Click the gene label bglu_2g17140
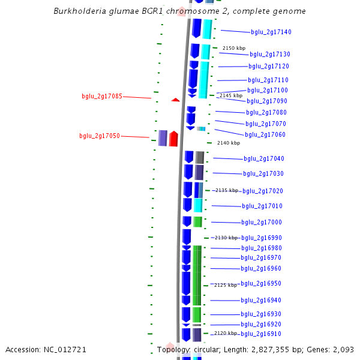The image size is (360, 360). [x=271, y=32]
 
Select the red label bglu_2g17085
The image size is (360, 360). [x=102, y=96]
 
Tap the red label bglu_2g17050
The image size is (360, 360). [x=100, y=136]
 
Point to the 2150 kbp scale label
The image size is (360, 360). [x=234, y=48]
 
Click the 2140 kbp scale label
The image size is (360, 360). [x=229, y=143]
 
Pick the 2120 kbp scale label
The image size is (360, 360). [x=226, y=333]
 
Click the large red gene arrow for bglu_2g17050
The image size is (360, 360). [x=173, y=139]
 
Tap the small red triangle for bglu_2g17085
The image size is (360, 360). [x=175, y=100]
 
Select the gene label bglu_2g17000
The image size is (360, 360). [x=262, y=222]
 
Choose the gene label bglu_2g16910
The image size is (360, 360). [x=261, y=334]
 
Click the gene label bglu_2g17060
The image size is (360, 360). [x=265, y=134]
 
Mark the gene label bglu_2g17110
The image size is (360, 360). [x=268, y=80]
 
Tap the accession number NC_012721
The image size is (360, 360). [x=66, y=349]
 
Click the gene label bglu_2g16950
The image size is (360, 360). [x=261, y=283]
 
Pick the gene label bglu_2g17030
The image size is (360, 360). [x=263, y=173]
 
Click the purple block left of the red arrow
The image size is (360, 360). [x=163, y=138]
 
